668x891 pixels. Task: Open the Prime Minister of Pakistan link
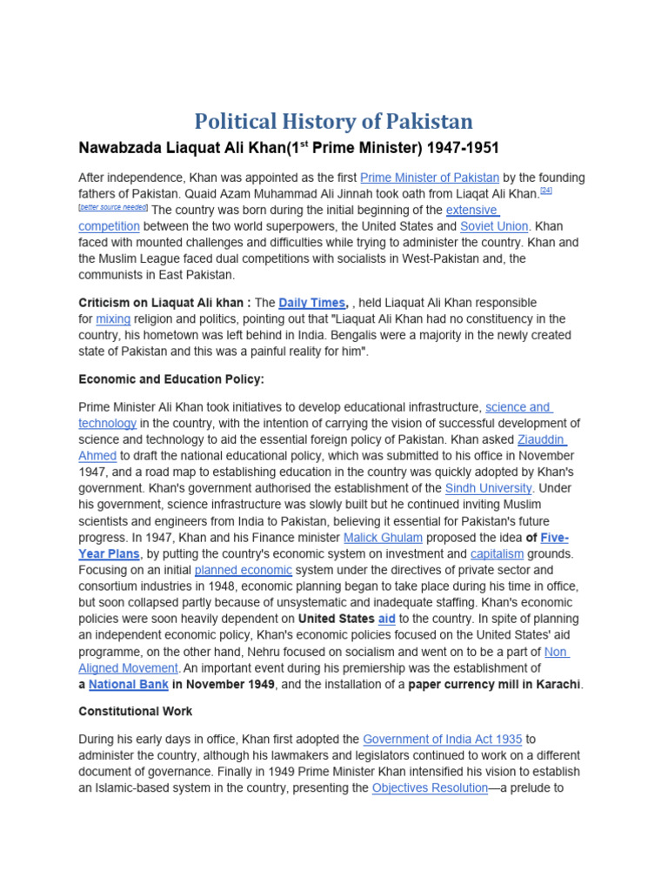point(430,178)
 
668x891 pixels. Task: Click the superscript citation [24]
point(546,191)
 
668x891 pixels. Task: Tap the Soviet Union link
point(493,226)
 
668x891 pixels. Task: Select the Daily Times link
point(312,303)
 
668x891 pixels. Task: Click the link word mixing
point(113,319)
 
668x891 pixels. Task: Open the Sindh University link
point(489,488)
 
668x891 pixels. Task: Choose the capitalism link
point(497,553)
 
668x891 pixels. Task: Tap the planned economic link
point(243,570)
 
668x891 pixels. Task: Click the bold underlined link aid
point(386,619)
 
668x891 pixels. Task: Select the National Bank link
point(129,685)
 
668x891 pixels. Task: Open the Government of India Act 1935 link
point(442,739)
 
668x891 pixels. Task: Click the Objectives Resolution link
point(430,788)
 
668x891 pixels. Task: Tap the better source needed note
point(113,208)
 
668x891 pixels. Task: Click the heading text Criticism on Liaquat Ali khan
point(164,303)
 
